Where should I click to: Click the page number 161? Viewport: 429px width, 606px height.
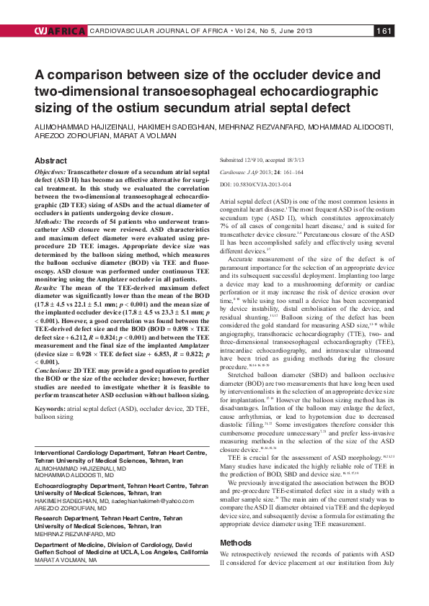point(384,30)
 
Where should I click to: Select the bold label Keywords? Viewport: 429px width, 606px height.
point(53,408)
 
